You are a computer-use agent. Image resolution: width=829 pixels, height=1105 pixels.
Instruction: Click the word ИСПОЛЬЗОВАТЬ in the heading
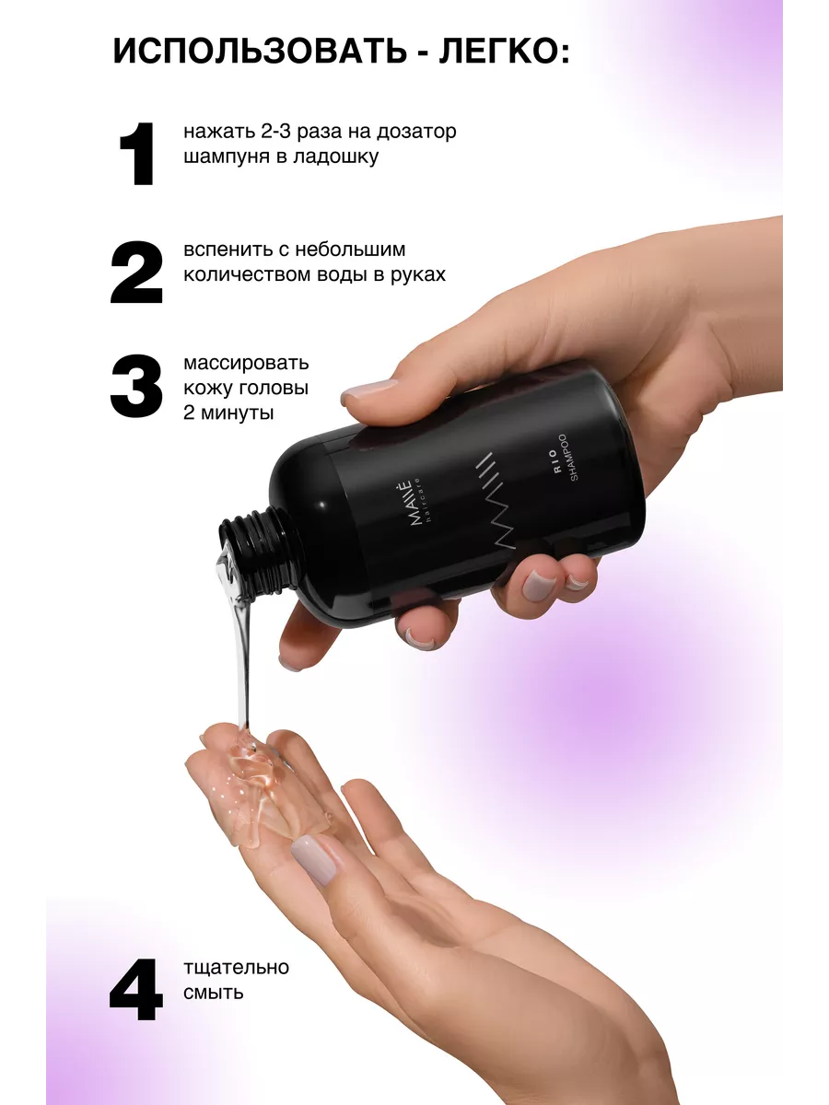259,51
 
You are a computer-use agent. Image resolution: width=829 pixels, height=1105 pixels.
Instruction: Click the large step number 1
136,154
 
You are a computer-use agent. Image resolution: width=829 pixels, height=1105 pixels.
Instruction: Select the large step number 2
136,272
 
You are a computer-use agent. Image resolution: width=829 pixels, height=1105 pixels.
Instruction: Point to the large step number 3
136,387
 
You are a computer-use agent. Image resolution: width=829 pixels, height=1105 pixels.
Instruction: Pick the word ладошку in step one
335,157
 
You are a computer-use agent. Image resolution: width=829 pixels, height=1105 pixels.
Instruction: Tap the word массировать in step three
246,364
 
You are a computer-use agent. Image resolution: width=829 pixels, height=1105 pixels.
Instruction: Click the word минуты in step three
237,413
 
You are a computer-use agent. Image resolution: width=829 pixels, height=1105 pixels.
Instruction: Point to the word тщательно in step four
236,968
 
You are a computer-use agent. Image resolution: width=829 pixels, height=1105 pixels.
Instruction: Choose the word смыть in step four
214,993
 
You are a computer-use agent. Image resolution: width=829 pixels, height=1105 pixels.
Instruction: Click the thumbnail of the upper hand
369,390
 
